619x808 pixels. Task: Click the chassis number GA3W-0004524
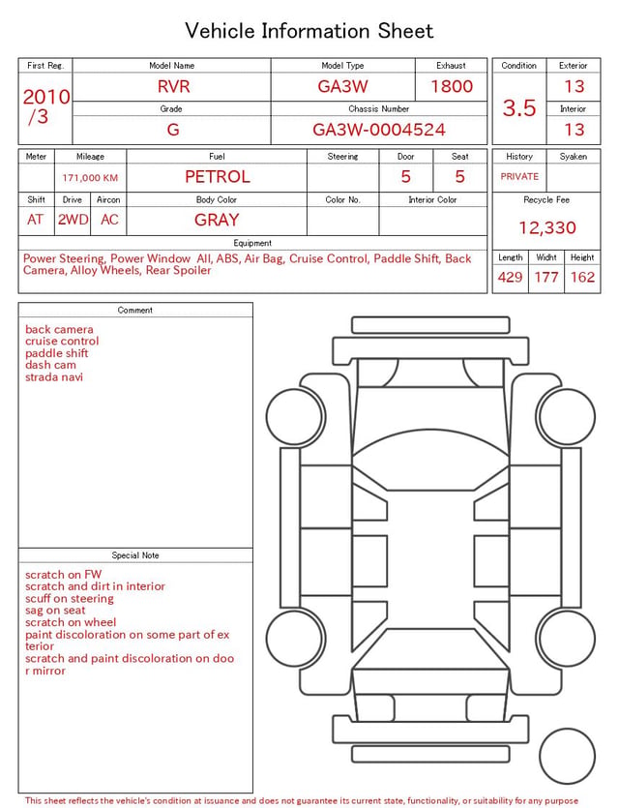pos(379,130)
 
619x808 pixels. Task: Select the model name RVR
pos(173,86)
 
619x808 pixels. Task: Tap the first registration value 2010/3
pos(45,106)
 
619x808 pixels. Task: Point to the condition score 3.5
pos(519,107)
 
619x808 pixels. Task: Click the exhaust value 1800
pos(452,86)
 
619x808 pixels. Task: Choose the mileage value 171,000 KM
pos(90,178)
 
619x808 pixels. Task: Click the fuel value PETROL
pos(218,177)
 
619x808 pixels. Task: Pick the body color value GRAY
pos(217,220)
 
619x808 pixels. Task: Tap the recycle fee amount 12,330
pos(546,227)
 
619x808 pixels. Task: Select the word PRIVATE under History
pos(519,176)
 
